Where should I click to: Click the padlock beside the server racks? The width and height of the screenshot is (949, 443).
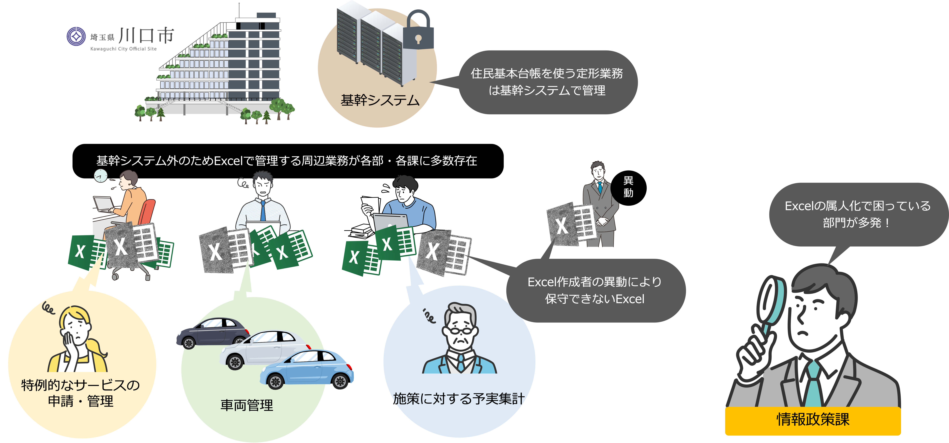[x=418, y=35]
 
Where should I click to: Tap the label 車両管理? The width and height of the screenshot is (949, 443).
[x=247, y=405]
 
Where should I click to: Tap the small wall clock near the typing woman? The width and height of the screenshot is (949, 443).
[x=100, y=176]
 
